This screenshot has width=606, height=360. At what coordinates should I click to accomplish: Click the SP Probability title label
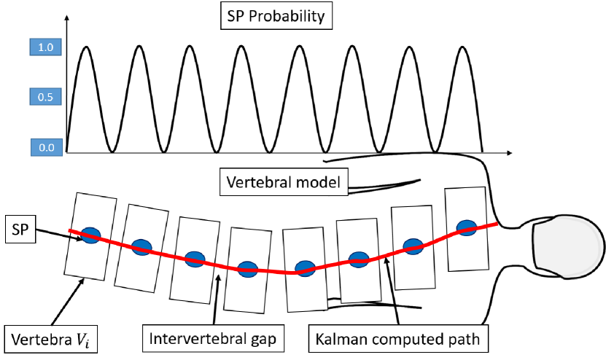273,16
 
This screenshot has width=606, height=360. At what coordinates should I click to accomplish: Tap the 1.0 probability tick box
46,48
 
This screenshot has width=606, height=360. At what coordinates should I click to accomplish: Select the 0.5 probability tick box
46,97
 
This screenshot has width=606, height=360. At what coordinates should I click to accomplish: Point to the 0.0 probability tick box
47,148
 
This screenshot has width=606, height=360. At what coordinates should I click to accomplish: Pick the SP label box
19,229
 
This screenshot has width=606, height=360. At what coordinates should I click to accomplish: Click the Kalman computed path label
398,339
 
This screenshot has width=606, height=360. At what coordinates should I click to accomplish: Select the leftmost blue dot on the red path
90,235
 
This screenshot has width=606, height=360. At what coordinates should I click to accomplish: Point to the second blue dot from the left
142,247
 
